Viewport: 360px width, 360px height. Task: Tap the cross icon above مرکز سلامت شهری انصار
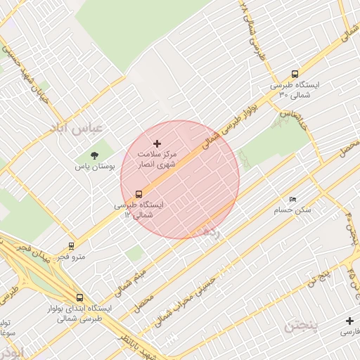[x=157, y=143]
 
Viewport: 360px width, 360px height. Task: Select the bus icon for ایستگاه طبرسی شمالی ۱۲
[x=139, y=194]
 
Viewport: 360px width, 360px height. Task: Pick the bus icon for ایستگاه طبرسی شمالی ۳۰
[x=294, y=74]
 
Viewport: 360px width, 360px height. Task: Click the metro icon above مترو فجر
[x=71, y=246]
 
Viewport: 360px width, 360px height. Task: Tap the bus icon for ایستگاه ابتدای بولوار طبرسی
[x=79, y=298]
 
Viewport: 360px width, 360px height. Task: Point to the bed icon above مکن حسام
[x=293, y=199]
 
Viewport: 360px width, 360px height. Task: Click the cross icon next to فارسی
[x=349, y=321]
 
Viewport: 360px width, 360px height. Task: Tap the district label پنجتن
[x=302, y=326]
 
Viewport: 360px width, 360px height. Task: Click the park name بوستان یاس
[x=96, y=167]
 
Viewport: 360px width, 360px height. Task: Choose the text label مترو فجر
[x=72, y=257]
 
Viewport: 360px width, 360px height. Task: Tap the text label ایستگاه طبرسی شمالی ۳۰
[x=295, y=89]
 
